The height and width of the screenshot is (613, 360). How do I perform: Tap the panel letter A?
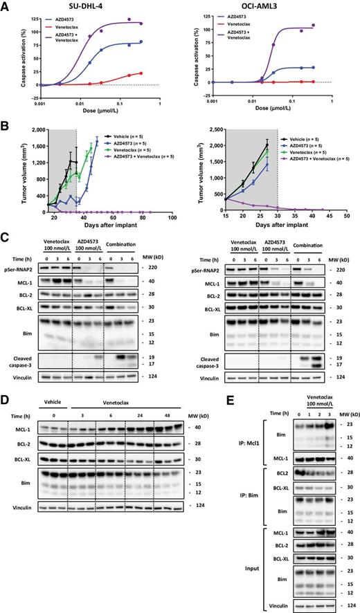pyautogui.click(x=6, y=6)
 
